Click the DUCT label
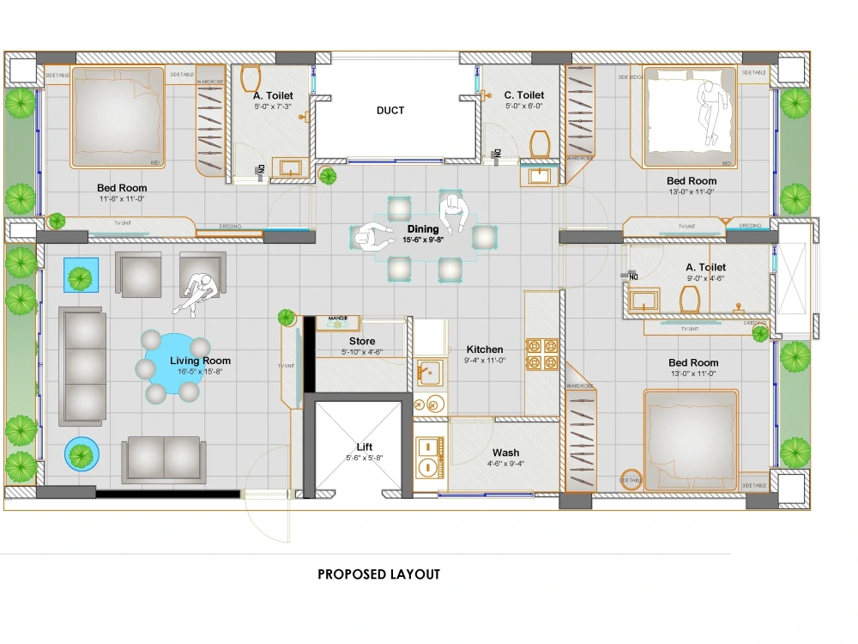[390, 111]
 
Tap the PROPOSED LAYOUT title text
[378, 574]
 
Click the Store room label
[361, 342]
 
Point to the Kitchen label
[485, 349]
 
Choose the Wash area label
[505, 453]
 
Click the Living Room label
[200, 361]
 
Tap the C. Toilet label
[523, 95]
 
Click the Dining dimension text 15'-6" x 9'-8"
[423, 240]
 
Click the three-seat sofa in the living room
[82, 367]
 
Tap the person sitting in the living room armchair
[199, 293]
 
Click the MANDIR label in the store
[338, 319]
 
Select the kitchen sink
[428, 372]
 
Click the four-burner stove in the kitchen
[542, 354]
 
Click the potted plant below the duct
[328, 176]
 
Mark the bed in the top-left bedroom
[118, 117]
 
